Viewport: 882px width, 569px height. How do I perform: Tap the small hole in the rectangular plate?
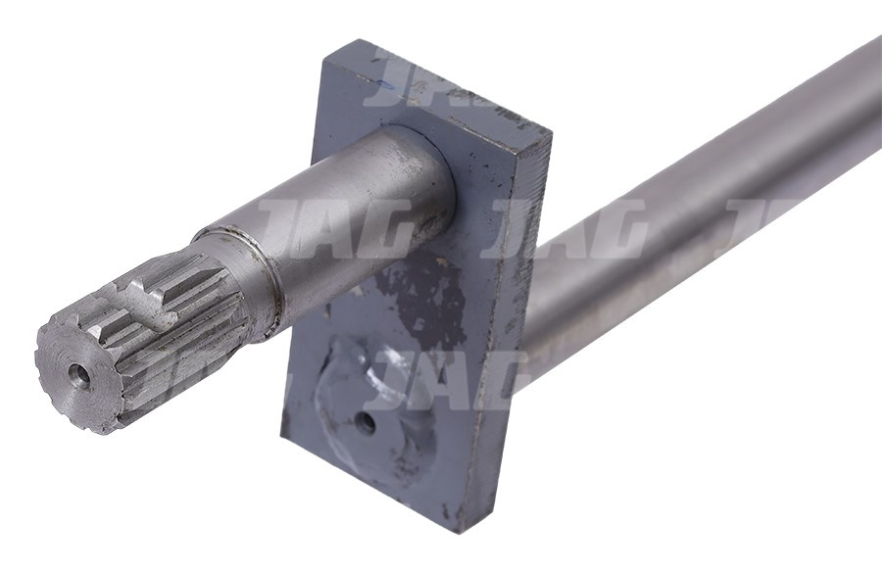[365, 423]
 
